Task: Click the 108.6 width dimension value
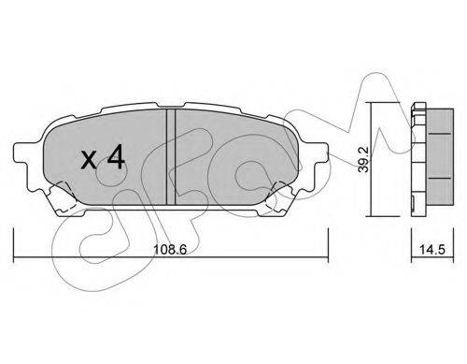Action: click(x=170, y=249)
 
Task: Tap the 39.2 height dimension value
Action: click(x=363, y=159)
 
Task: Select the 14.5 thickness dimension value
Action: click(x=432, y=250)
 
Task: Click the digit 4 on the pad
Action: click(x=116, y=158)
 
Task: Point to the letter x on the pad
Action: click(x=89, y=160)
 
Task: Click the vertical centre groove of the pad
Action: click(x=171, y=157)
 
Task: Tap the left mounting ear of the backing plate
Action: click(x=22, y=153)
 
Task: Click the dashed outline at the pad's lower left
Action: click(x=63, y=197)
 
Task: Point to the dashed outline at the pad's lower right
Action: click(x=278, y=197)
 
